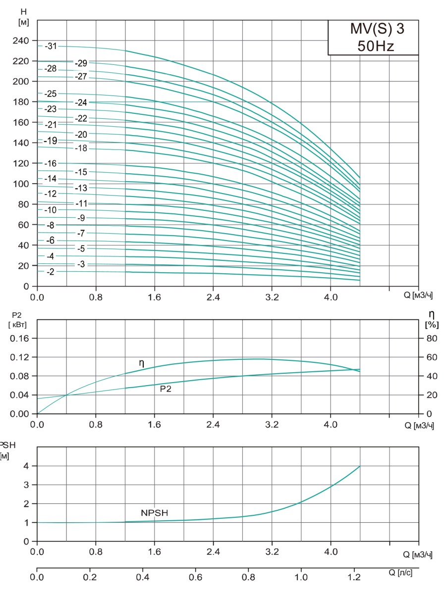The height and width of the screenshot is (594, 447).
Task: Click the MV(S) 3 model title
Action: (374, 29)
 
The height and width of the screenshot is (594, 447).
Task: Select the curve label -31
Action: (51, 47)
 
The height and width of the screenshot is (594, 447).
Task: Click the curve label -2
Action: (50, 272)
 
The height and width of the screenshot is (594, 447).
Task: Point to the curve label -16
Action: (51, 164)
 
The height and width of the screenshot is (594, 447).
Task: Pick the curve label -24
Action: (81, 102)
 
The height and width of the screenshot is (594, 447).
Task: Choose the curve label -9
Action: (81, 218)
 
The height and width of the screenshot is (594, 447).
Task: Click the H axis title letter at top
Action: (23, 11)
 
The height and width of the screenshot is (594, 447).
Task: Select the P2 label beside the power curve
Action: (166, 389)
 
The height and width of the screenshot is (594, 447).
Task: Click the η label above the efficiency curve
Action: (142, 363)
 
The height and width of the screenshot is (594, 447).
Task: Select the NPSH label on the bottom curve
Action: (155, 513)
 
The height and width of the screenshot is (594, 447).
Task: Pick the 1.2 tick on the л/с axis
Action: (354, 577)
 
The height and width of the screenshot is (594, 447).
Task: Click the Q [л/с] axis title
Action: (401, 573)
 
